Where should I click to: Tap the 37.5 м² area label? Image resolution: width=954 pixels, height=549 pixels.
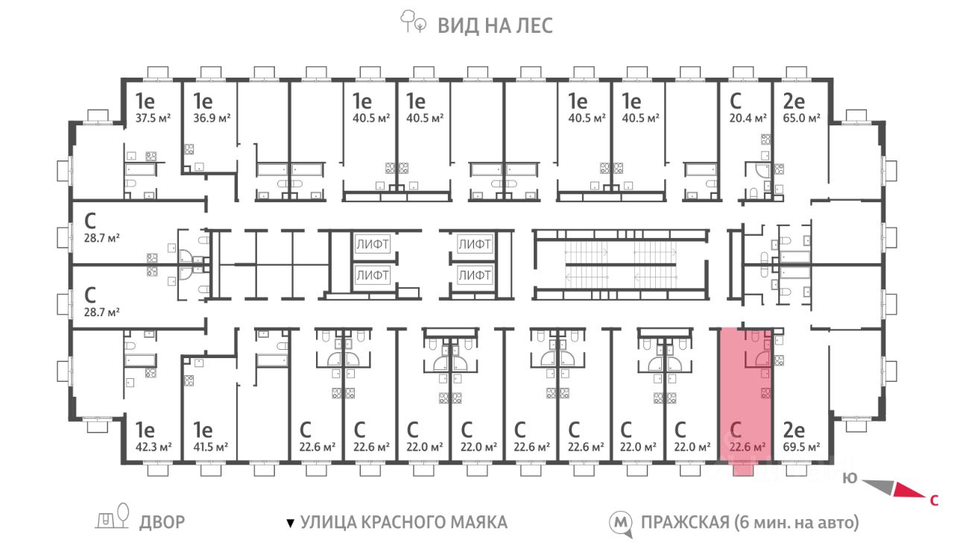[x=154, y=118]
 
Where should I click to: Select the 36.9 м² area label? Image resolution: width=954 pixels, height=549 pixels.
[x=212, y=118]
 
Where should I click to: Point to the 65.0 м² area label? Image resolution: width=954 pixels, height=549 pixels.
[x=801, y=118]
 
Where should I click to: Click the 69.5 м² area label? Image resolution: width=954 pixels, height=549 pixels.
[x=801, y=447]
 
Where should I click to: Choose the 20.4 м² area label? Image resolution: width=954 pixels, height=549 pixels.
[x=748, y=118]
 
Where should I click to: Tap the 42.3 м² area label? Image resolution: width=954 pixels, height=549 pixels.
[x=154, y=447]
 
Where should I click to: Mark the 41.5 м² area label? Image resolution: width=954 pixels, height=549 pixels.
[x=210, y=447]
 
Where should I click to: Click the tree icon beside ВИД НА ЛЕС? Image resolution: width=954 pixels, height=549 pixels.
[x=413, y=22]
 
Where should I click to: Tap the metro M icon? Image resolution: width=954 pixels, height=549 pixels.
[x=621, y=523]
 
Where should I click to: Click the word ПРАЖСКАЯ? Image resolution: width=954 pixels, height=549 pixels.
[x=685, y=522]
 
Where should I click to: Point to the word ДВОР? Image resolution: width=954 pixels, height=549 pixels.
[x=162, y=522]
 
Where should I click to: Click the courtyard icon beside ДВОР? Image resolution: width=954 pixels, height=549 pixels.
[x=113, y=516]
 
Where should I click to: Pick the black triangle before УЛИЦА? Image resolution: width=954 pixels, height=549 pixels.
[x=291, y=523]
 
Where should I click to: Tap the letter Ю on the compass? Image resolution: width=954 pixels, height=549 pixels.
[x=850, y=478]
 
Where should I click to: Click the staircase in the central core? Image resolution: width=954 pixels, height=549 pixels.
[x=621, y=265]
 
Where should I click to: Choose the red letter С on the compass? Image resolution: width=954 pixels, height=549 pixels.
[x=934, y=500]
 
